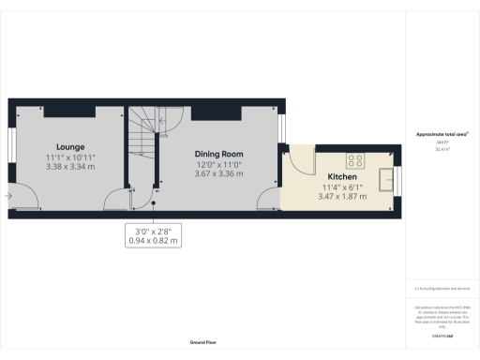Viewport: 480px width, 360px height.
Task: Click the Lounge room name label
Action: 70,147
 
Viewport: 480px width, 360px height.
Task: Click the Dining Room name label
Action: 219,154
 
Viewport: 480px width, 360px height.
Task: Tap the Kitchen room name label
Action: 341,177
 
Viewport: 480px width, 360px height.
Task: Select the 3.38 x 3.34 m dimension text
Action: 70,168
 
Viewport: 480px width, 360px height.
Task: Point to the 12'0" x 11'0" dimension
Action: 219,164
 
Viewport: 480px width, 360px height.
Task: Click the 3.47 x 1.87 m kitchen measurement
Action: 341,196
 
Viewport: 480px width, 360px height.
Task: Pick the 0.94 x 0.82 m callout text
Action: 153,241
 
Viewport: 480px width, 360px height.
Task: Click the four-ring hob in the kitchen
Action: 356,158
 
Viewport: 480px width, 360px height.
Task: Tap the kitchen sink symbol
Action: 386,176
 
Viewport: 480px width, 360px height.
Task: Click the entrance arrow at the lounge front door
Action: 7,196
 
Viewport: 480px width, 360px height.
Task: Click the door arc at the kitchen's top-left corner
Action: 302,160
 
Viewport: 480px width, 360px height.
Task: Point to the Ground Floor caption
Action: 203,343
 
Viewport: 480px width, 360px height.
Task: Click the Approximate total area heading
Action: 442,135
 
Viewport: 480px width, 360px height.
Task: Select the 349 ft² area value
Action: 442,143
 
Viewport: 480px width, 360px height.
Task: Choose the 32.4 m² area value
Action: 442,150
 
